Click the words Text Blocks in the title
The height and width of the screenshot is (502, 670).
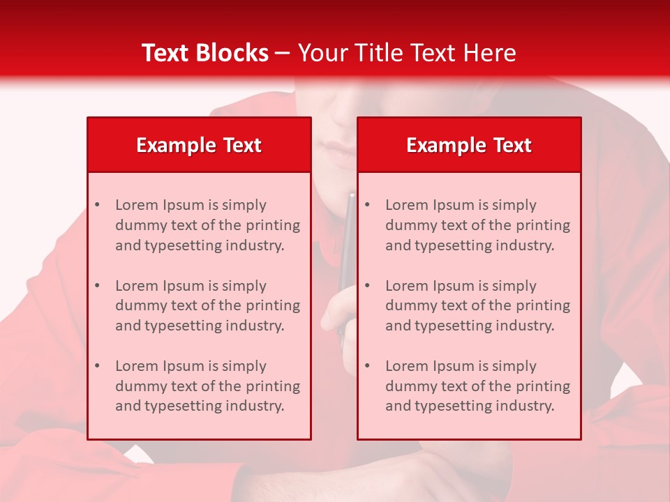(x=204, y=53)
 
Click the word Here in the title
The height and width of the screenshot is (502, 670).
(x=491, y=53)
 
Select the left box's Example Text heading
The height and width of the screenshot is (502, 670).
(x=199, y=145)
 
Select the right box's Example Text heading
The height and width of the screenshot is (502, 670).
(x=469, y=145)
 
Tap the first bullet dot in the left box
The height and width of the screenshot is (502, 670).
(x=97, y=205)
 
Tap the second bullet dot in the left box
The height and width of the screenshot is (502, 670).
(x=97, y=286)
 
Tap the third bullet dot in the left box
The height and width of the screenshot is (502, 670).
(x=97, y=366)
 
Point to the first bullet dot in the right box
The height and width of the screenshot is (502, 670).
(x=367, y=205)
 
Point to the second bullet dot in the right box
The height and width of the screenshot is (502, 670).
(x=367, y=286)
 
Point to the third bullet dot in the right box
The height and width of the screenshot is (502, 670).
(x=367, y=366)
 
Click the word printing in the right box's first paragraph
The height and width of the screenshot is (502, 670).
(x=544, y=225)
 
